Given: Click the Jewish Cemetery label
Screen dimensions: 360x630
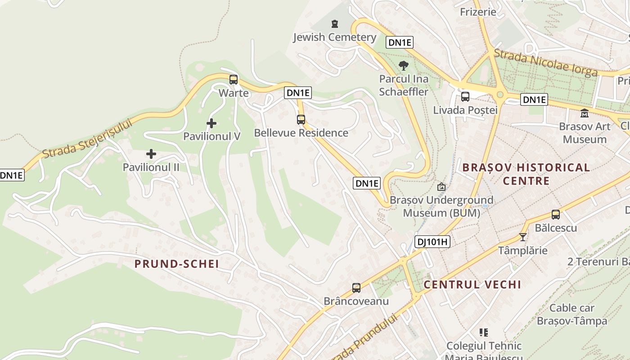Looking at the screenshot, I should [334, 37].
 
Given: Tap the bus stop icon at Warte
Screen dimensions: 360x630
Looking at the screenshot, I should [233, 80].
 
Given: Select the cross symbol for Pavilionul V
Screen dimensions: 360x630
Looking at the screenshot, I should [211, 123].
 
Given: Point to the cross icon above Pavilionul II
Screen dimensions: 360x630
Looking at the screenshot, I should [151, 154].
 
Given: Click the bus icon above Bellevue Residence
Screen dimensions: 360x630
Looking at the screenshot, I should [301, 120].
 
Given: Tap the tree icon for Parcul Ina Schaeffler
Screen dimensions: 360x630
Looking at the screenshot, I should [404, 66].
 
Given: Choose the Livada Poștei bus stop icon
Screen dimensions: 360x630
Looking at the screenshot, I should [465, 96].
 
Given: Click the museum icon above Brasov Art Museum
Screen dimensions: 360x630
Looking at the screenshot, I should [585, 113].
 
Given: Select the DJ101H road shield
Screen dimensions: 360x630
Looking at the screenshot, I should [432, 242].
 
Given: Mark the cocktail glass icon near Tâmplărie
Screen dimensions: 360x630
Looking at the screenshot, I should [522, 237].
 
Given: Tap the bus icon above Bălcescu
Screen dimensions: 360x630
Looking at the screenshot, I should [556, 215].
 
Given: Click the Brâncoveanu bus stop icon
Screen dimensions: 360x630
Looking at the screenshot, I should [356, 288].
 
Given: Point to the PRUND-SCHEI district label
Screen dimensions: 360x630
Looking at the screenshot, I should [177, 264].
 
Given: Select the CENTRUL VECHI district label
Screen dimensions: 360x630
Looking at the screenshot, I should [472, 284].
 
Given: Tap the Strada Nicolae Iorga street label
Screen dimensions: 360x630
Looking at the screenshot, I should [545, 63].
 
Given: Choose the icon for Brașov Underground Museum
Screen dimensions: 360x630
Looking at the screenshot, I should [441, 187].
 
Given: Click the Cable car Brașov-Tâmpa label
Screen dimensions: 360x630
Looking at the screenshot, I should [572, 315].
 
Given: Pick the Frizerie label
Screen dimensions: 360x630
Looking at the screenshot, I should [478, 12].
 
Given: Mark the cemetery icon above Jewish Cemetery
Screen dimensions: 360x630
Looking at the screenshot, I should [334, 23].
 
